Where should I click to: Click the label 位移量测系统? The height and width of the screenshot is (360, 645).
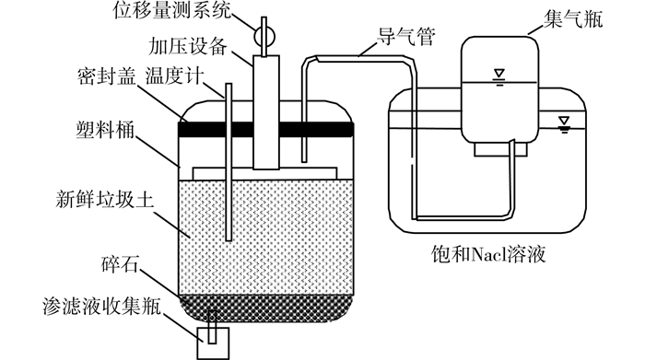tap(172, 11)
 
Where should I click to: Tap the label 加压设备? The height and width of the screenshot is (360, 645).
tap(188, 46)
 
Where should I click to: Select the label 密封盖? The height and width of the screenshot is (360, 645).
tap(107, 76)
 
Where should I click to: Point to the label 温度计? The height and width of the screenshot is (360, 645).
tap(174, 75)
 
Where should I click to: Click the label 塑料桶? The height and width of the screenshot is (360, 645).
tap(105, 130)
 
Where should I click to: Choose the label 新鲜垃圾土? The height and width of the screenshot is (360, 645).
tap(104, 200)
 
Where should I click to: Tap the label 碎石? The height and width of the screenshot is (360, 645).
tap(120, 265)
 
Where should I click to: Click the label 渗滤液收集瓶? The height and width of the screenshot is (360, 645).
tap(101, 307)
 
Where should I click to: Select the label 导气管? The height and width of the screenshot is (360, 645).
tap(406, 37)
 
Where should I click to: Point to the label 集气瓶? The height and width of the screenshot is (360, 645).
tap(573, 19)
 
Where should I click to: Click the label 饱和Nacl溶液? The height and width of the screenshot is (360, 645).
tap(488, 254)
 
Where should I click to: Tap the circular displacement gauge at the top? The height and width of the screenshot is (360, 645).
tap(264, 36)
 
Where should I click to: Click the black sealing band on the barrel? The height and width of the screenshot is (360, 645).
tap(265, 129)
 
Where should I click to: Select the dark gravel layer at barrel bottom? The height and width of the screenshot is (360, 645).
tap(266, 308)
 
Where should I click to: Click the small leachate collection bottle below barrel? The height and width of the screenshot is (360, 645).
tap(213, 343)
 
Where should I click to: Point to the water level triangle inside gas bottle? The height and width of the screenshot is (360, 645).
tap(499, 74)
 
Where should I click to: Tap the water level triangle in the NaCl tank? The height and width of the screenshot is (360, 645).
tap(564, 121)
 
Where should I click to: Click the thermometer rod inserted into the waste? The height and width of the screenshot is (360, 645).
tap(229, 162)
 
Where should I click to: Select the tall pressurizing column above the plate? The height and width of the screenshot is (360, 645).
tap(266, 112)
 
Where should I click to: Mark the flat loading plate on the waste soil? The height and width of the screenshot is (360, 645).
tap(265, 173)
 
